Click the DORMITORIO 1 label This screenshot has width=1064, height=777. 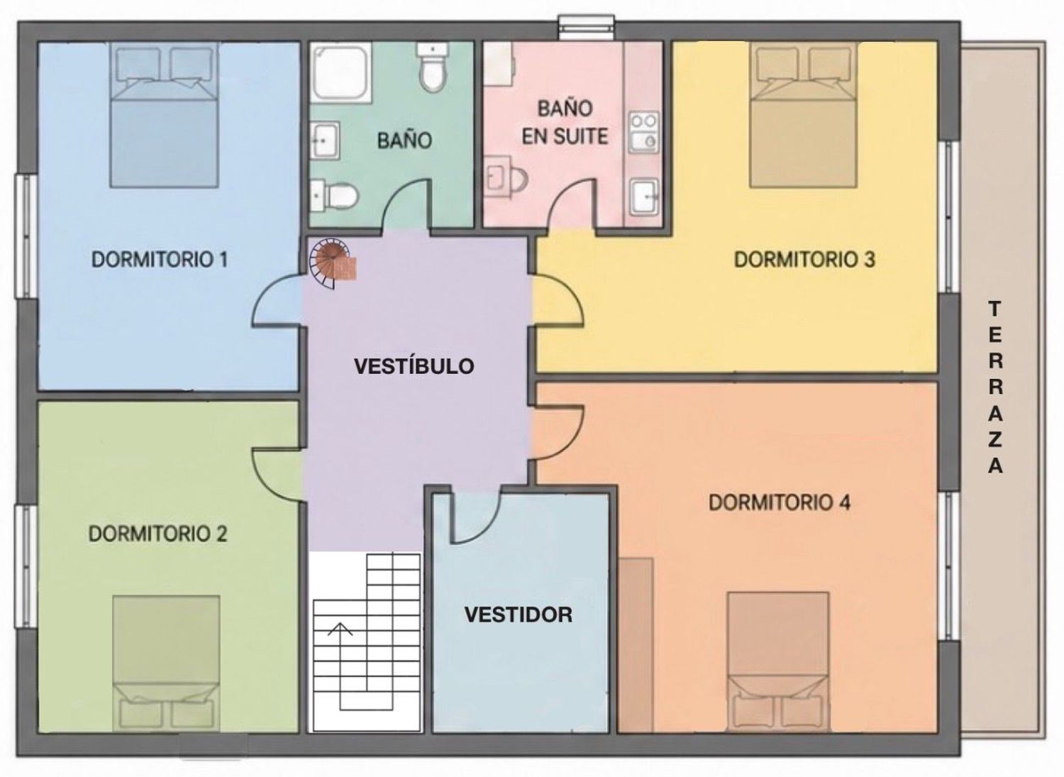160,260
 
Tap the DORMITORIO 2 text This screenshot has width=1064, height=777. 157,534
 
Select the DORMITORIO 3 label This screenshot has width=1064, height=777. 804,260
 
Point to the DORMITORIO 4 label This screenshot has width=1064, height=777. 780,502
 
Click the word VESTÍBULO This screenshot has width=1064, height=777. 414,366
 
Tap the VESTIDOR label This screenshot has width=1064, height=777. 519,615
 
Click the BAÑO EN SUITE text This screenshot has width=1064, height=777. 565,123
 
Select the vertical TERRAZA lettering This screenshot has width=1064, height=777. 995,387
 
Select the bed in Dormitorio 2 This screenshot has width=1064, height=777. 166,663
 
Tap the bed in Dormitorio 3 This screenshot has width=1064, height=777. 803,114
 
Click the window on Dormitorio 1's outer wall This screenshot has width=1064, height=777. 26,236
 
